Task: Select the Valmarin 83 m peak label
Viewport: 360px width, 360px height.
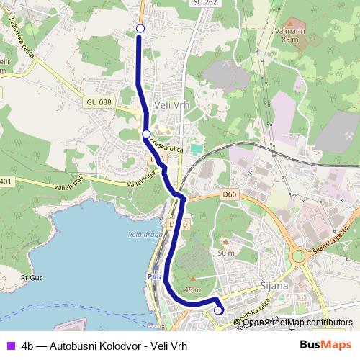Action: coord(291,35)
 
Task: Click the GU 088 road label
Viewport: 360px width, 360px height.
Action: coord(99,103)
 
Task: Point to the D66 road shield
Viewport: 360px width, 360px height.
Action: coord(230,194)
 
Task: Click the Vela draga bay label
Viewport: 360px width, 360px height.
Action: coord(141,234)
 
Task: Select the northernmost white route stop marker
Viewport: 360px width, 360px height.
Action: coord(140,28)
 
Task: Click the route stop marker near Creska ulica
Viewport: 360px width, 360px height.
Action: coord(146,135)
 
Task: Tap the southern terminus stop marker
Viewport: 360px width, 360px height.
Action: coord(218,310)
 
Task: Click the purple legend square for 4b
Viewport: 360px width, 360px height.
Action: coord(11,346)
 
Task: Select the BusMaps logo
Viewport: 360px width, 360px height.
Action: coord(325,345)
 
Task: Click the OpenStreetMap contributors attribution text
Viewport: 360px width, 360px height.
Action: coord(297,322)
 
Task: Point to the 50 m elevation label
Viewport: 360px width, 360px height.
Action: coord(226,253)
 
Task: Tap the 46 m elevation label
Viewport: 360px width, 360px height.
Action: coord(192,289)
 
